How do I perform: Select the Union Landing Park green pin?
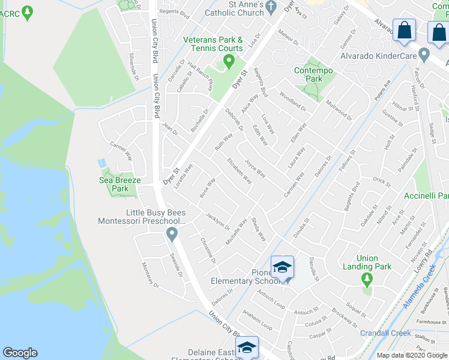click(366, 279)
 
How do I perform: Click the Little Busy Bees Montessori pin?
click(172, 234)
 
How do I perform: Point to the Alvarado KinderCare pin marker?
click(424, 56)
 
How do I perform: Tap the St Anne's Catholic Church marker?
click(271, 8)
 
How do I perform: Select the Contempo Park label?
click(313, 74)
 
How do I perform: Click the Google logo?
click(20, 353)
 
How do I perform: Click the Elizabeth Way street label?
click(240, 170)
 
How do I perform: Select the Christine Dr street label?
click(208, 250)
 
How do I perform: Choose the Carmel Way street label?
click(121, 151)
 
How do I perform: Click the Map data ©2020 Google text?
click(411, 355)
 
